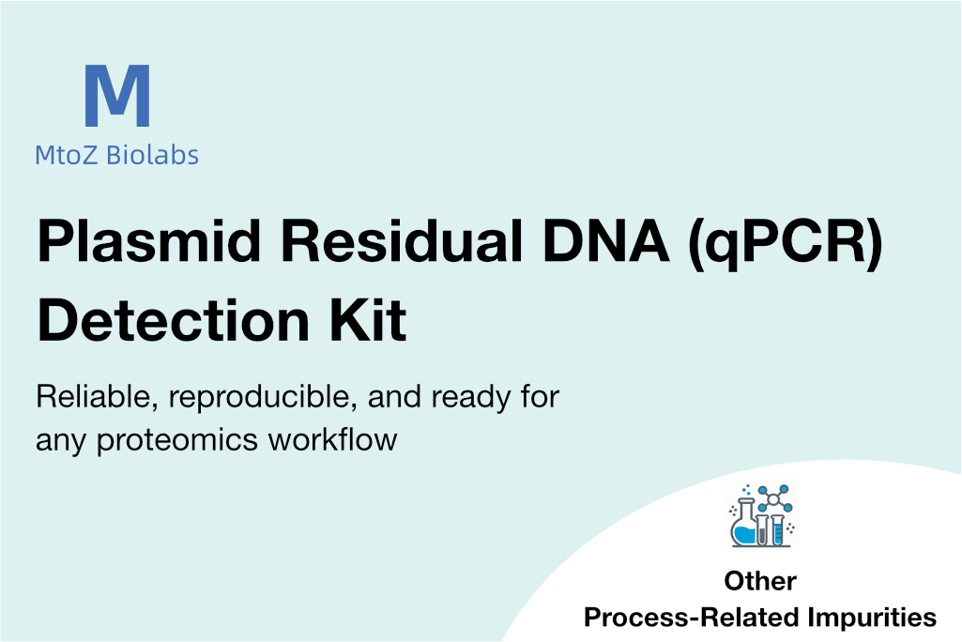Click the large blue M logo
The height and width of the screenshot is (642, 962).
[x=117, y=96]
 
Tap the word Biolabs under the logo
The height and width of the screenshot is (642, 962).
[x=152, y=155]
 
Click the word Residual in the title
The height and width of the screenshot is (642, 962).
[x=402, y=240]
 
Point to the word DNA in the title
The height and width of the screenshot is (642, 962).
[x=606, y=241]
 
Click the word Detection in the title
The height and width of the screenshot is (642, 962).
[x=174, y=320]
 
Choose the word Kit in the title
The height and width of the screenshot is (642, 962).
[x=368, y=319]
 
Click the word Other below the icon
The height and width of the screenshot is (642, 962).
[x=760, y=581]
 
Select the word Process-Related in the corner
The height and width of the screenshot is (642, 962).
[x=692, y=618]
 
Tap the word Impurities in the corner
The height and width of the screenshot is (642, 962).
[x=872, y=618]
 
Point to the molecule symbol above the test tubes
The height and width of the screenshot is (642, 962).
[x=774, y=499]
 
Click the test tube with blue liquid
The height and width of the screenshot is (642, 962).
[x=778, y=530]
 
